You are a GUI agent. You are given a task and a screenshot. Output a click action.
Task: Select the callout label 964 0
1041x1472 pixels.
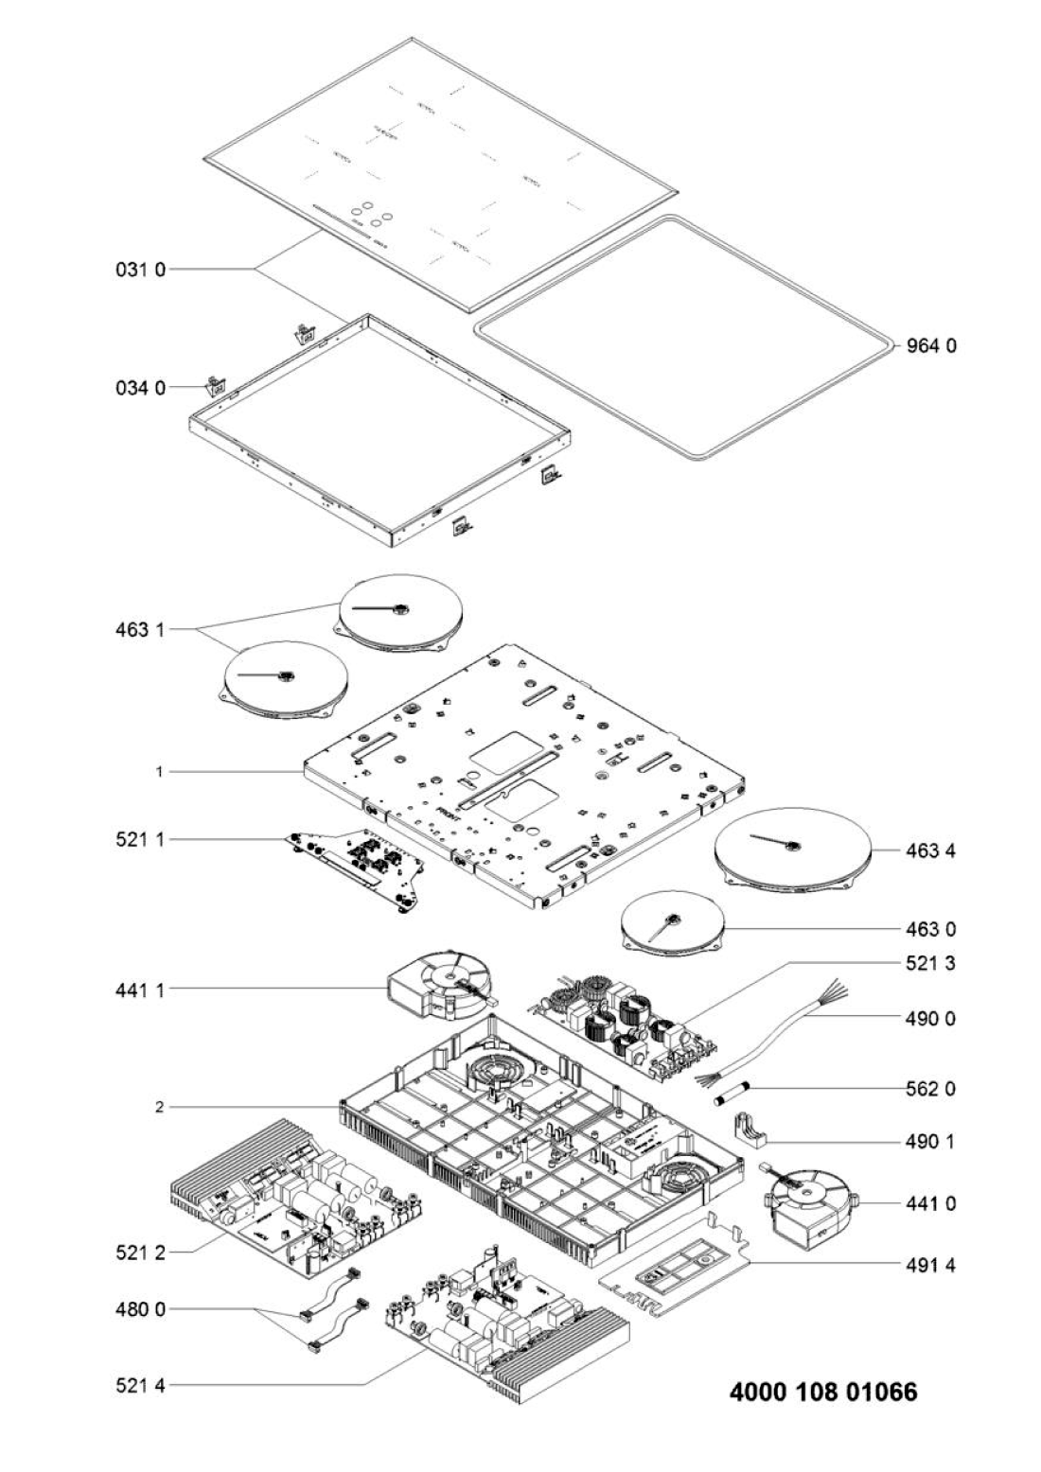tap(932, 346)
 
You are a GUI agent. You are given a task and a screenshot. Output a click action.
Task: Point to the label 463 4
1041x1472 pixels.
tap(930, 851)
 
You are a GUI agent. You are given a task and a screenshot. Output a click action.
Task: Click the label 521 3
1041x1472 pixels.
tap(930, 964)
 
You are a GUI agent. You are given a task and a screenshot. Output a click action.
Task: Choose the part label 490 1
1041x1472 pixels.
tap(930, 1143)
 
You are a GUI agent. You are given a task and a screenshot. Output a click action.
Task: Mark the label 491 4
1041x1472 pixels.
tap(930, 1265)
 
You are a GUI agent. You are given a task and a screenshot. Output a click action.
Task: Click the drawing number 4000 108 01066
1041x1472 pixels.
tap(823, 1393)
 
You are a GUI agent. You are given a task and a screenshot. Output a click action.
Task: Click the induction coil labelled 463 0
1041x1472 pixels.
tap(672, 925)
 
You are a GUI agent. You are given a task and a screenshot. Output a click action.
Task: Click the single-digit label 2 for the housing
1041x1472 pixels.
tap(161, 1106)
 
